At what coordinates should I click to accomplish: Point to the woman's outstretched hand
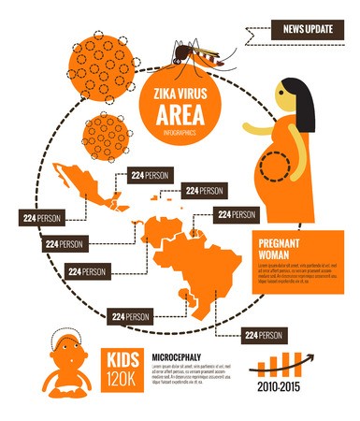(x=247, y=127)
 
